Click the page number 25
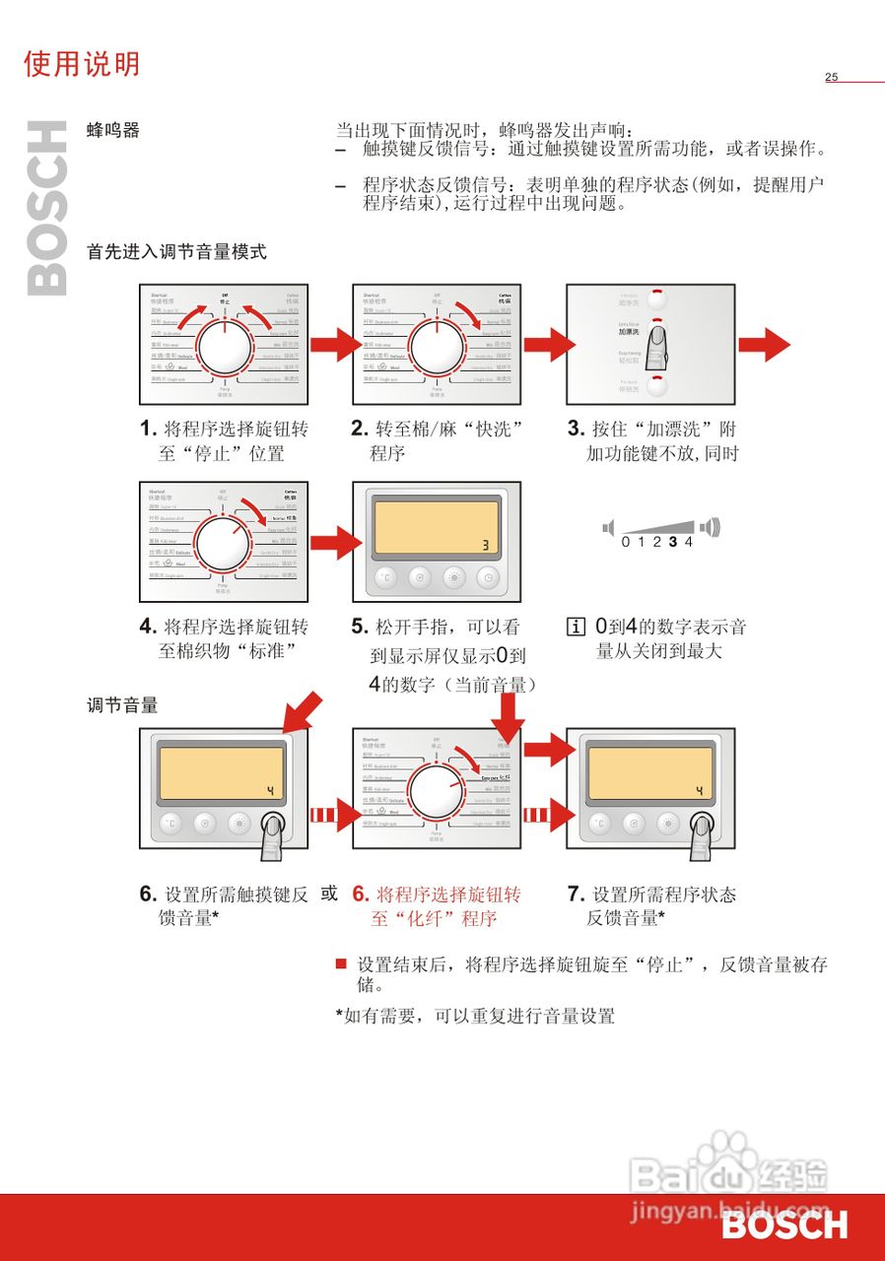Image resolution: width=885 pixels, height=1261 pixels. (831, 77)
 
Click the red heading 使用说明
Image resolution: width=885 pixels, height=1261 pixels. (82, 64)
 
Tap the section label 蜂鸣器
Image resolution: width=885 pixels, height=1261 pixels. (113, 130)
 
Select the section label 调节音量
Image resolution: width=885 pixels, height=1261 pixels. (122, 705)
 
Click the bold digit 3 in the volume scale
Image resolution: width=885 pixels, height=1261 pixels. (672, 542)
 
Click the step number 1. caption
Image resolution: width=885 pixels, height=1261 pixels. (149, 430)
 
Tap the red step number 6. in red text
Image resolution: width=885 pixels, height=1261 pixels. (361, 895)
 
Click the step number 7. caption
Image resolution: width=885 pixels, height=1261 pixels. (577, 895)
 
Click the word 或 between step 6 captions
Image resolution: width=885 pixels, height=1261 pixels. (329, 894)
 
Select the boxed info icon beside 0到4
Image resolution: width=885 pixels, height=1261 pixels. (576, 627)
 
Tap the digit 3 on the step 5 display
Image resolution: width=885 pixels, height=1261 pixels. (485, 545)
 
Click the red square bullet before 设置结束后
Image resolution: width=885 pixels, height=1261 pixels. (341, 963)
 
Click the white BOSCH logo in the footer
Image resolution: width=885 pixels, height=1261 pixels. (783, 1226)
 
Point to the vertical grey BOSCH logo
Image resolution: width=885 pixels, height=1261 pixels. (47, 208)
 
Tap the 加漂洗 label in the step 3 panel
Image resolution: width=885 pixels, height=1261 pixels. (629, 332)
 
